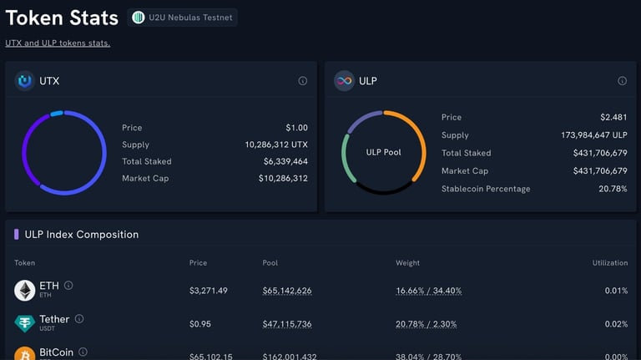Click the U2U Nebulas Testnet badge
pos(182,18)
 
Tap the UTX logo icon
pos(24,81)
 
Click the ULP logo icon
pos(344,81)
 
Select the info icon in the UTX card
pos(303,81)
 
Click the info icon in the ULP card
pos(622,81)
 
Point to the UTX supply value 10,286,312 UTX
pos(276,145)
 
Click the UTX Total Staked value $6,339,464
pos(285,161)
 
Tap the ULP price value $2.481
pos(613,117)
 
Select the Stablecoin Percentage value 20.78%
pos(613,189)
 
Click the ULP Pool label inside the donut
pos(384,153)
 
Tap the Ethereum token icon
pos(24,290)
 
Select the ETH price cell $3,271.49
pos(208,291)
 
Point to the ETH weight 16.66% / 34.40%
pos(428,291)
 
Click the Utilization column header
pos(609,262)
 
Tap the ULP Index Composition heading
pos(82,235)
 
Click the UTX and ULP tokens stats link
pos(58,43)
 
